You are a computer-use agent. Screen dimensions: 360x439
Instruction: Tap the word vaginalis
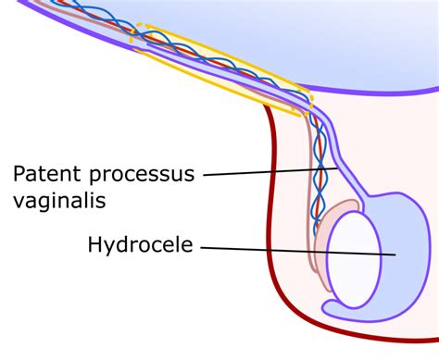[58, 200]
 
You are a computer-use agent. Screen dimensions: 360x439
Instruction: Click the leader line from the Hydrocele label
[296, 250]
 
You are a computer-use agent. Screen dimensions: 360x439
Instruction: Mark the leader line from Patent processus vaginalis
[269, 171]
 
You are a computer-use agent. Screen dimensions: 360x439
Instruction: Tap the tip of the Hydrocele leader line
[395, 254]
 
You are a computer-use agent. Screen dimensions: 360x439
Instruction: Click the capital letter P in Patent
[19, 172]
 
